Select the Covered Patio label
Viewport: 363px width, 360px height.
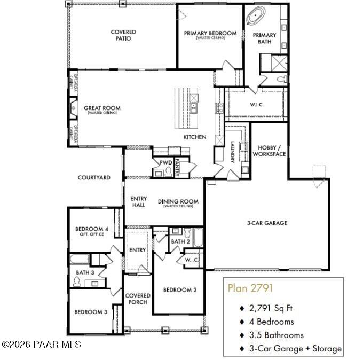click(123, 35)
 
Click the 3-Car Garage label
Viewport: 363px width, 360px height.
click(267, 223)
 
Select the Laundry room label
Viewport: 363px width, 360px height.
click(232, 152)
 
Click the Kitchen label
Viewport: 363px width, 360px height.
click(195, 137)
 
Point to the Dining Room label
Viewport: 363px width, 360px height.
click(178, 202)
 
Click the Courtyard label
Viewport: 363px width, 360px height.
click(94, 177)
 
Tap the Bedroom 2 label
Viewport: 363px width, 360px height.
click(180, 290)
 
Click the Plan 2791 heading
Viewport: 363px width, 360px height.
click(250, 288)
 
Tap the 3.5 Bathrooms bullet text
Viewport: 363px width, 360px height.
click(277, 335)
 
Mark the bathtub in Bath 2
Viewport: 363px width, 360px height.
click(198, 238)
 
